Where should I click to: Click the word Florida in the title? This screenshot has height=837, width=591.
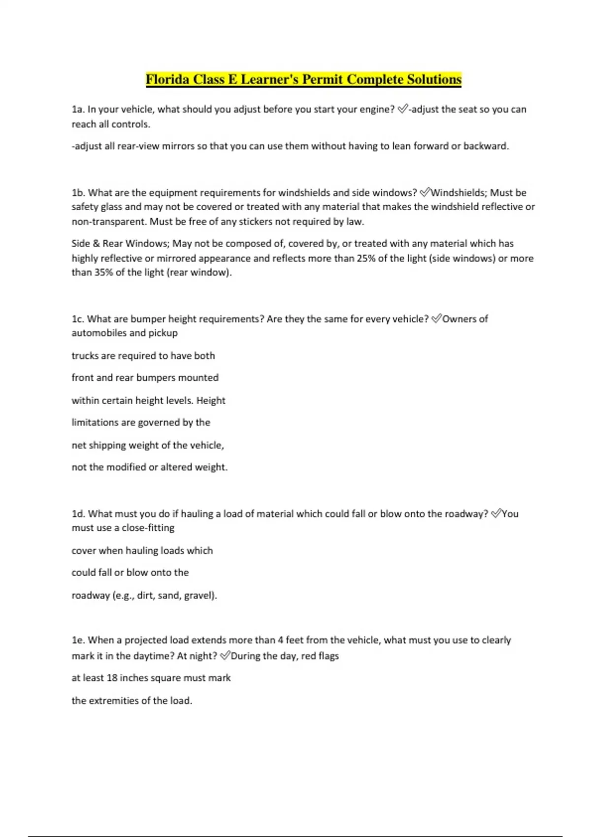click(167, 79)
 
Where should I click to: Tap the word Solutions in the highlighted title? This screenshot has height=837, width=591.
click(434, 79)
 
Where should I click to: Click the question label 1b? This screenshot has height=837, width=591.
click(78, 193)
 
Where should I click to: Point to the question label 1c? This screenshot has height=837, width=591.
click(78, 319)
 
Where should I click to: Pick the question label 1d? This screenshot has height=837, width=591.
click(78, 514)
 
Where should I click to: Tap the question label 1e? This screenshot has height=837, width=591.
click(78, 640)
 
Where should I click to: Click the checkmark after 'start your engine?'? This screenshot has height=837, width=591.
click(402, 109)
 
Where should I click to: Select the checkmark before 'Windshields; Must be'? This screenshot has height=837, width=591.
click(425, 192)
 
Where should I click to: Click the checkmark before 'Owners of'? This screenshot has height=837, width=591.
click(436, 319)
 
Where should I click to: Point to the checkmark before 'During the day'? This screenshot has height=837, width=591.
click(225, 655)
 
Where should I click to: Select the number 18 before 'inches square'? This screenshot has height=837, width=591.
click(112, 678)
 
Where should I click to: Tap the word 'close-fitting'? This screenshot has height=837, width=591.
click(148, 528)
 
